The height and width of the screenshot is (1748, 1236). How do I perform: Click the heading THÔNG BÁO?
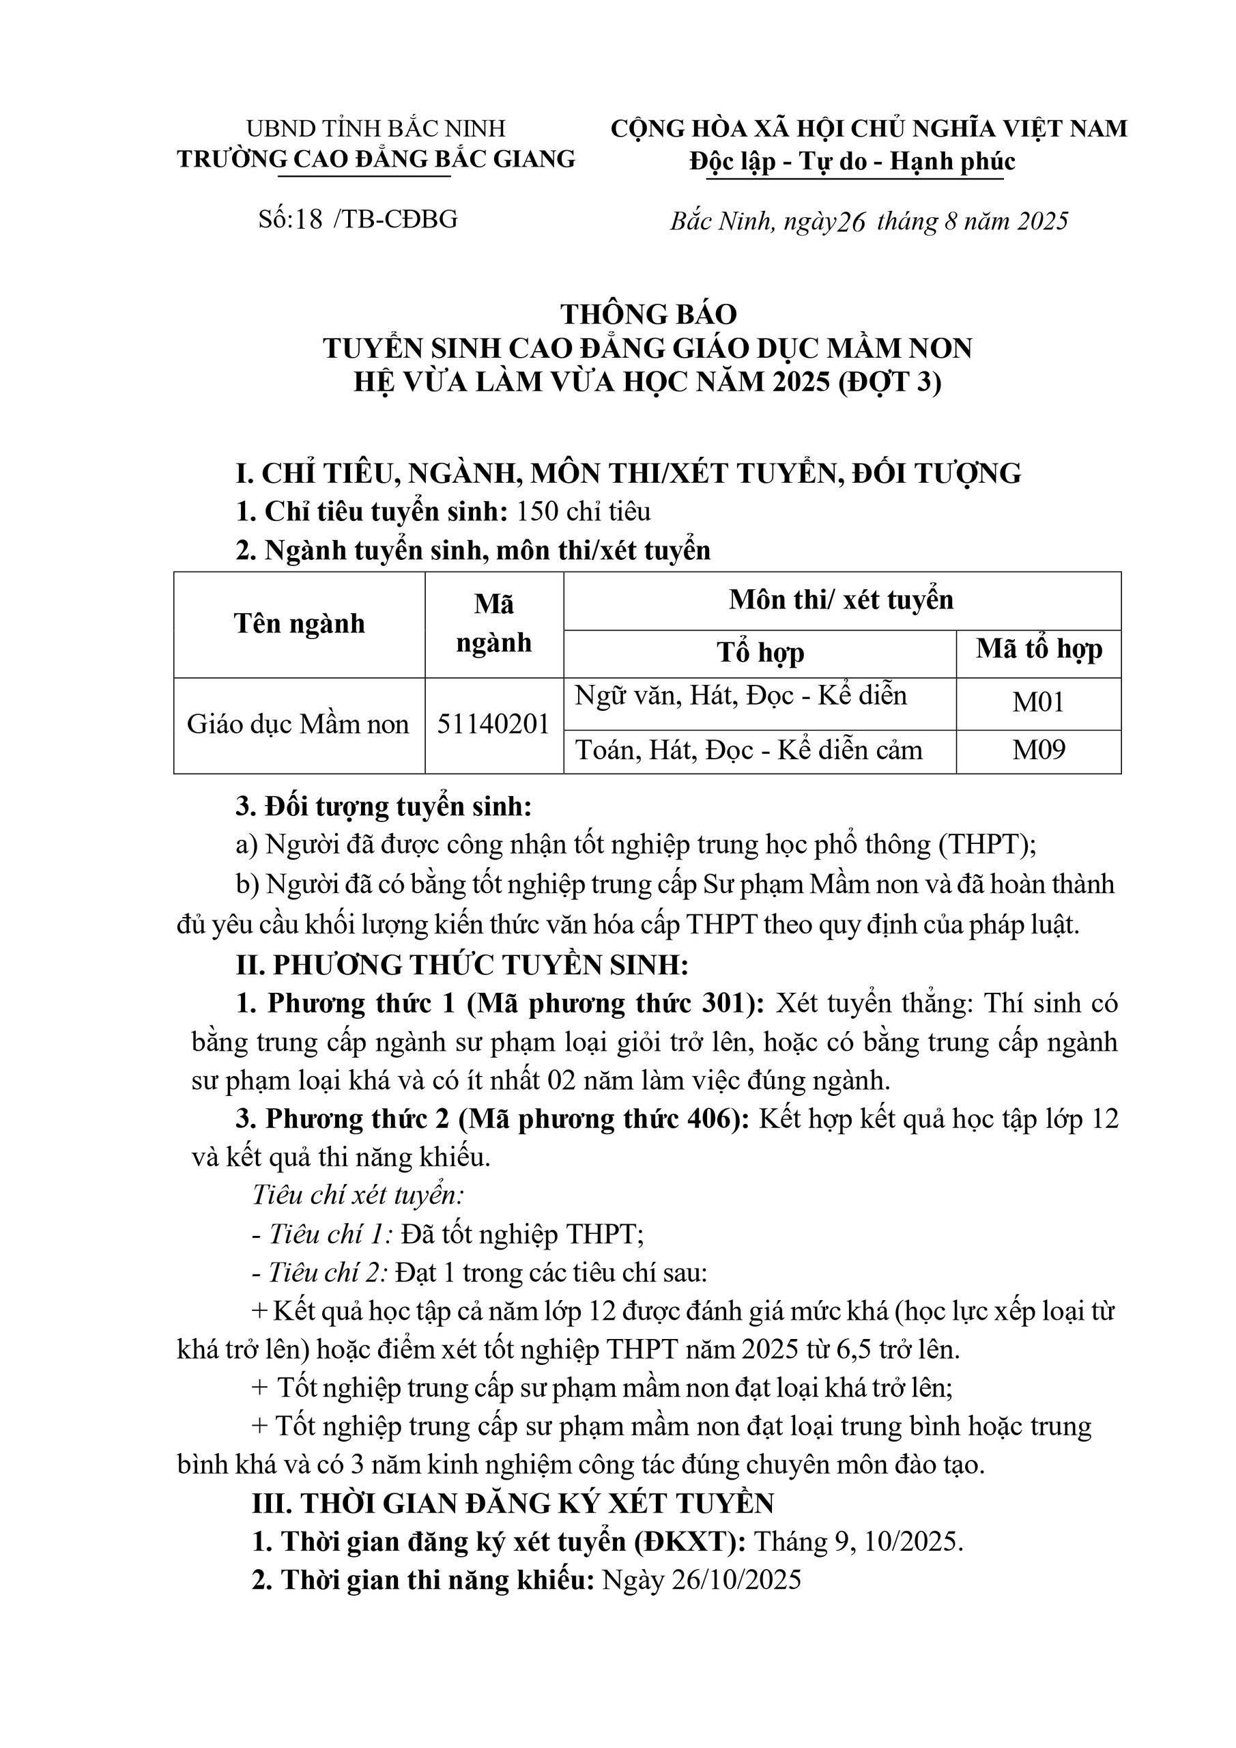tap(648, 313)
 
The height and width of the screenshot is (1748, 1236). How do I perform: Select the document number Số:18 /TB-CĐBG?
tap(358, 219)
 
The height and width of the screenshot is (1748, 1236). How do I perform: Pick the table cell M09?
tap(1038, 750)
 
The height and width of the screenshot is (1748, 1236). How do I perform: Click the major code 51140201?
tap(493, 724)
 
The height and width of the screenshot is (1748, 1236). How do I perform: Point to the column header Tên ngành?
tap(299, 624)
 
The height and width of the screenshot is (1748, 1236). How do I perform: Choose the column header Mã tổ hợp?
tap(1038, 649)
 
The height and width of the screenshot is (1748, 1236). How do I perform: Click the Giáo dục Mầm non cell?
tap(298, 724)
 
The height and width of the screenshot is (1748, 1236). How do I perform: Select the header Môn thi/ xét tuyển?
tap(841, 600)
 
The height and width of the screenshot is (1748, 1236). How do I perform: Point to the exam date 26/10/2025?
tap(736, 1581)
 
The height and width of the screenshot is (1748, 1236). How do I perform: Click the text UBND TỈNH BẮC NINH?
tap(376, 128)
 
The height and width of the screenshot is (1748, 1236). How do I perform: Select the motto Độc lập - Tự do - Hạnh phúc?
tap(852, 161)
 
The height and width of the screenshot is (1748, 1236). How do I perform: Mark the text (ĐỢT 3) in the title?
tap(890, 382)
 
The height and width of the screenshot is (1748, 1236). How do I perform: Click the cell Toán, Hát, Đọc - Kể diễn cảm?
tap(749, 750)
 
